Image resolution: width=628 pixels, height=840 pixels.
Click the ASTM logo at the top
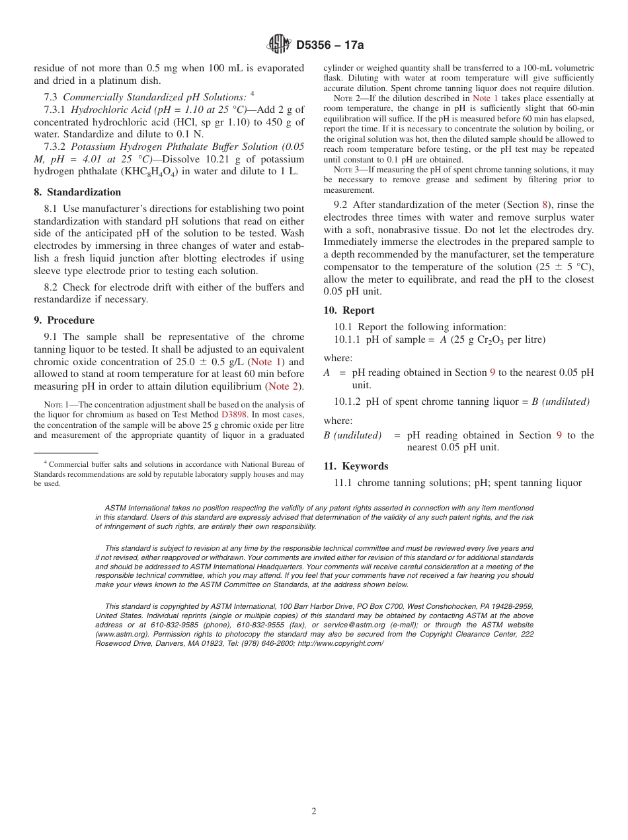pos(278,44)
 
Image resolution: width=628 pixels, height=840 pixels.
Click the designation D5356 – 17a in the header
pos(329,45)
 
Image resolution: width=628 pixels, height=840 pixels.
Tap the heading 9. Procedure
pos(64,320)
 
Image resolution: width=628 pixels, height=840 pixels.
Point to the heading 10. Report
pos(349,310)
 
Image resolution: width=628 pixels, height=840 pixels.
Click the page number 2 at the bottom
pos(314,812)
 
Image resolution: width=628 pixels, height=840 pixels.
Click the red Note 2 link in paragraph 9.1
pos(284,386)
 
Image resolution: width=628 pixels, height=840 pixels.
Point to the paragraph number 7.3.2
pos(56,147)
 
